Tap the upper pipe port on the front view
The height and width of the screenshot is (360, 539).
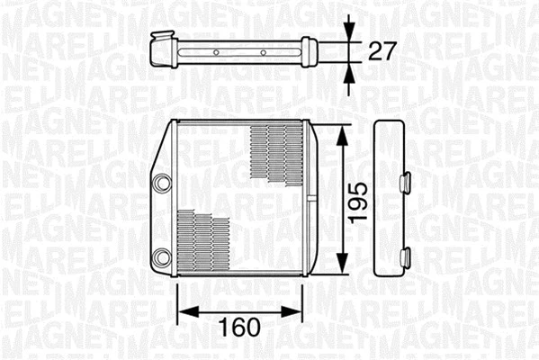pos(162,183)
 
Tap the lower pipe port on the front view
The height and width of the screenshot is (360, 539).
pos(162,257)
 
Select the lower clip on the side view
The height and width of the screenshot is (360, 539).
pos(406,256)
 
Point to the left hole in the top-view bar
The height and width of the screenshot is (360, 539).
pos(216,52)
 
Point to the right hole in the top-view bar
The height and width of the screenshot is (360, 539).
pos(263,52)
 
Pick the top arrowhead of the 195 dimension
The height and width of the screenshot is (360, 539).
pos(342,133)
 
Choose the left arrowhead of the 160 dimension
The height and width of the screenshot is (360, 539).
pos(184,313)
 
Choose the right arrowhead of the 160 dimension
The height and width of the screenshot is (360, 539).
pos(298,313)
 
